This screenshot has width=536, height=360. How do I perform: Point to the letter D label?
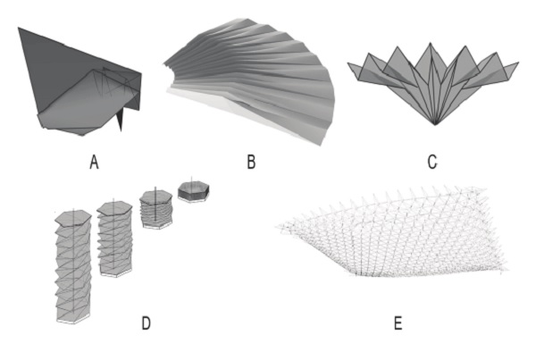click(x=146, y=322)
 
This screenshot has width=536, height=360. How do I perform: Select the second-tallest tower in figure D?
click(x=114, y=241)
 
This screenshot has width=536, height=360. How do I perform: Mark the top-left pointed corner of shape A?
click(x=19, y=29)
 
